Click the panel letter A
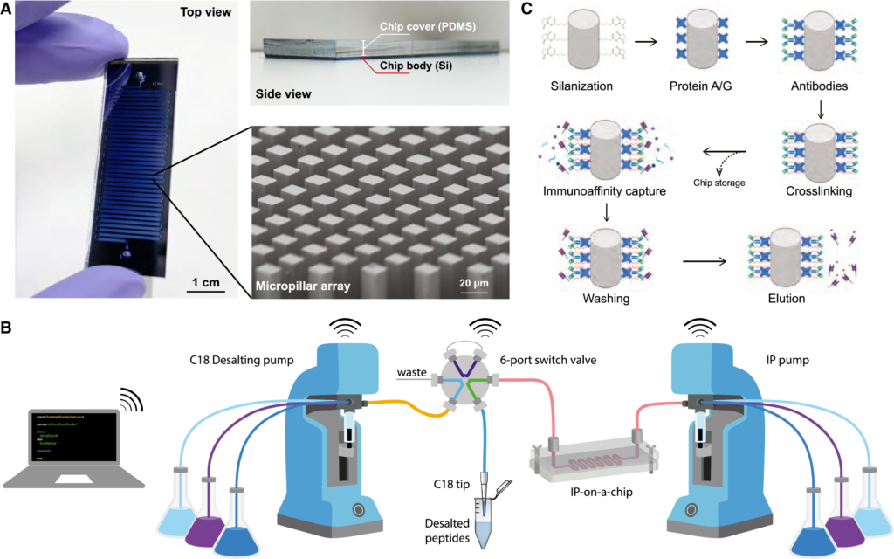(x=7, y=10)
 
